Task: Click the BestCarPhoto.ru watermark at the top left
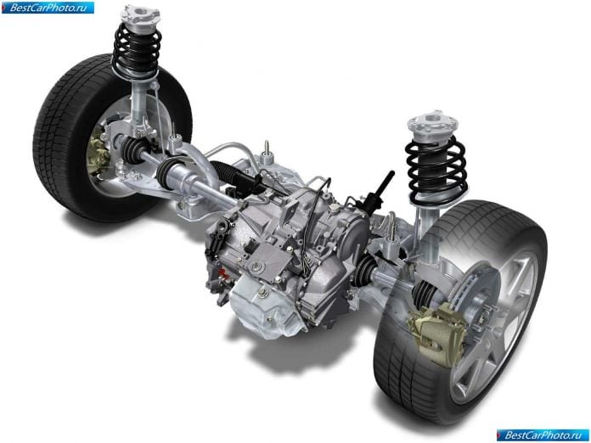pyautogui.click(x=48, y=8)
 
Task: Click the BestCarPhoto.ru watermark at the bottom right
pyautogui.click(x=543, y=435)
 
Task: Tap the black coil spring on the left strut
pyautogui.click(x=137, y=51)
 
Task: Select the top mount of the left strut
pyautogui.click(x=140, y=14)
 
